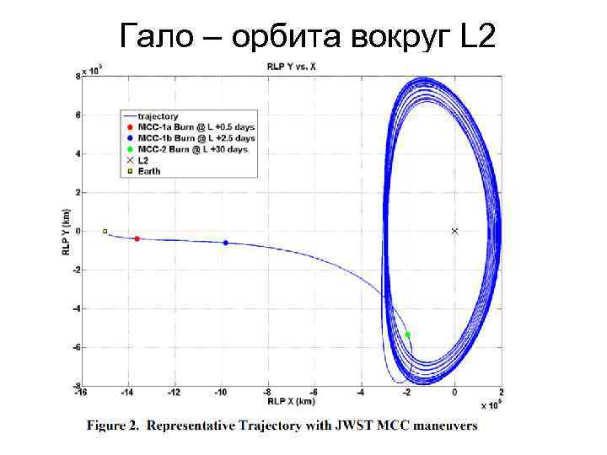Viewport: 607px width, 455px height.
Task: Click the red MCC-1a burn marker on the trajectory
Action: (137, 238)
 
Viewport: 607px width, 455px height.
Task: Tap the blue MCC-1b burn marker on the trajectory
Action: (226, 243)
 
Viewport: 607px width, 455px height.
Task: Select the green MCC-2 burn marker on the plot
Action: (407, 335)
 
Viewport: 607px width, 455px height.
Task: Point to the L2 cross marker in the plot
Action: (454, 231)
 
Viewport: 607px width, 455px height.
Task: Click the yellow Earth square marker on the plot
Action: (105, 231)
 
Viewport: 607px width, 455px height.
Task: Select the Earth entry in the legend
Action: (148, 171)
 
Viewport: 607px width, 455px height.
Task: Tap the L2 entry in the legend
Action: (144, 160)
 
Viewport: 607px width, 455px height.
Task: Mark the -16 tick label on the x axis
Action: (80, 392)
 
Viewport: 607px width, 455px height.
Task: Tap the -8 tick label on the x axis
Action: (267, 392)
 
